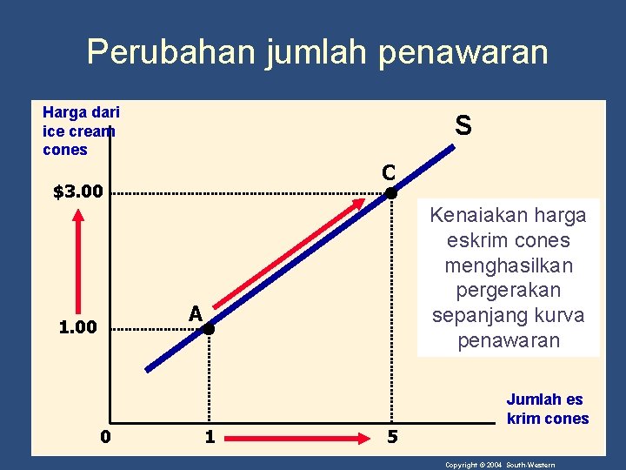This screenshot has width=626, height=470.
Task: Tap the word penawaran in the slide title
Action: [463, 52]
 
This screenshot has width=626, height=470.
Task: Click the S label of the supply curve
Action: [463, 126]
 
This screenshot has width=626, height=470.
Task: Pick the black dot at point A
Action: [209, 329]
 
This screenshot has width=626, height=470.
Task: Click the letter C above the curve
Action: [388, 171]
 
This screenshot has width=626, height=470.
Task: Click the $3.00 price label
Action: [78, 191]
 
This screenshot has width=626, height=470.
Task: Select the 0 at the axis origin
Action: [104, 436]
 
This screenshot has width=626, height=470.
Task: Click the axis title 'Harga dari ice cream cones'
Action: [80, 131]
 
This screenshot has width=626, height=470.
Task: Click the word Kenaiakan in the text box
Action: [476, 214]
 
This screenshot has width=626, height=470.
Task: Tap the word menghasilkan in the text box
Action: [509, 265]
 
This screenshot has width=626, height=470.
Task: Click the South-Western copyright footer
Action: [500, 465]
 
